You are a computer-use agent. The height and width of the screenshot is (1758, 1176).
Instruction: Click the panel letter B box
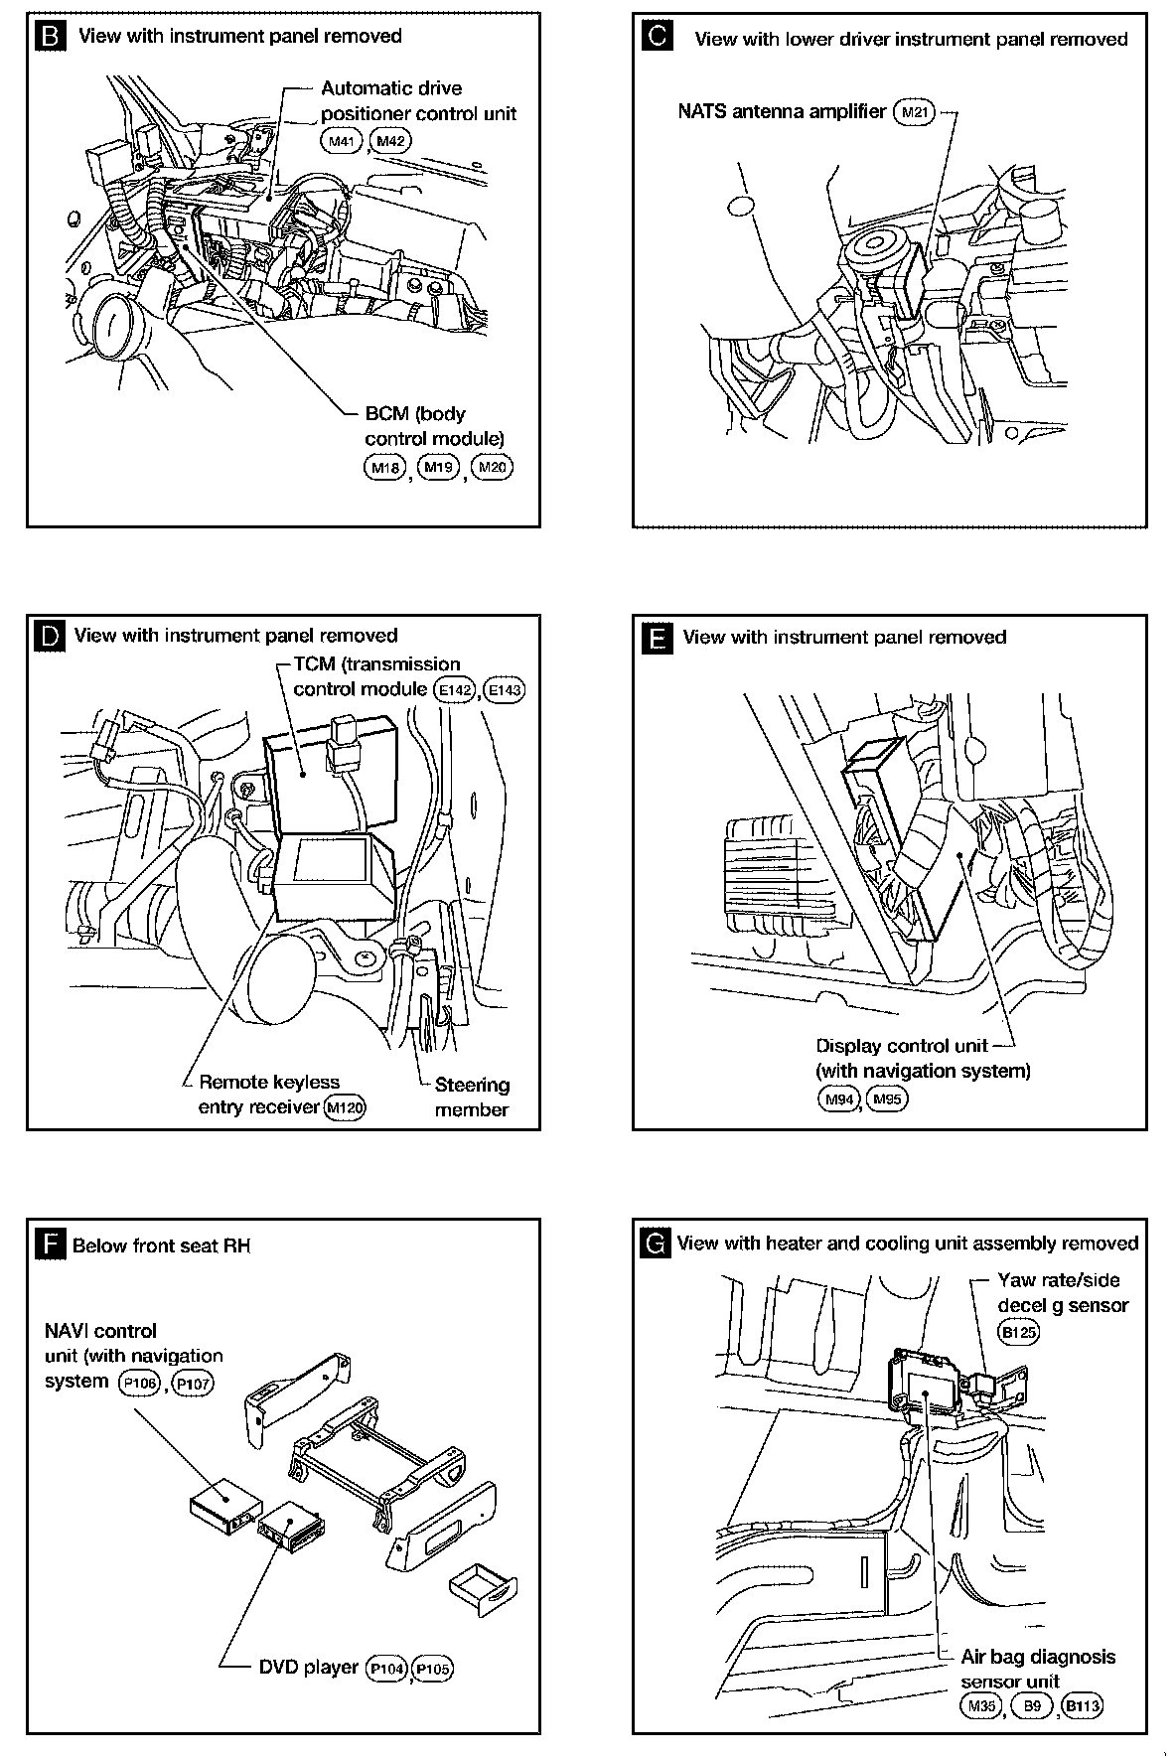click(x=50, y=37)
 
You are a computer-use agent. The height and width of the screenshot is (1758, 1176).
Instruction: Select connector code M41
click(x=342, y=142)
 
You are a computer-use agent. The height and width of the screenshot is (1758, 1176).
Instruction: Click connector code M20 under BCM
click(x=493, y=467)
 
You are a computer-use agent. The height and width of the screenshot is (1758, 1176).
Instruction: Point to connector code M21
click(x=914, y=112)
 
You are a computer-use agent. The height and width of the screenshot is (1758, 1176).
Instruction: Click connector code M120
click(x=346, y=1107)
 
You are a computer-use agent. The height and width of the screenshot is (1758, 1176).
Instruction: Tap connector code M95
click(x=888, y=1099)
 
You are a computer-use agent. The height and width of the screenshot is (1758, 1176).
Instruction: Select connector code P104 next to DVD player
click(x=387, y=1669)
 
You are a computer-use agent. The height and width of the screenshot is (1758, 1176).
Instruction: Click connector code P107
click(x=193, y=1383)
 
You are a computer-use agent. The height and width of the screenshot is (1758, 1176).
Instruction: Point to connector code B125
click(x=1019, y=1332)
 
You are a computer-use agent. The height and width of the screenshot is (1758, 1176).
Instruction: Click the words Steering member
click(x=472, y=1098)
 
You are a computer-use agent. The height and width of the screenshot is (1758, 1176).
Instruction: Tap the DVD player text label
click(x=308, y=1667)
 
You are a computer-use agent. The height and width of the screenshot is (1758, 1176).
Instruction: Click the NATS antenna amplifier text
click(x=782, y=111)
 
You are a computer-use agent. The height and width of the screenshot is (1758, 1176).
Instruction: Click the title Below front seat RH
click(x=161, y=1245)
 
